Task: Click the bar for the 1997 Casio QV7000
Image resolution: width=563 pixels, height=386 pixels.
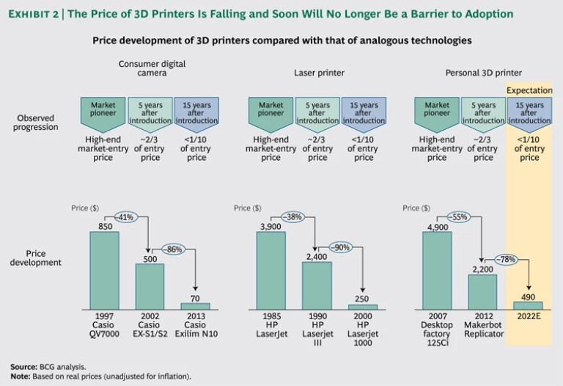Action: click(104, 270)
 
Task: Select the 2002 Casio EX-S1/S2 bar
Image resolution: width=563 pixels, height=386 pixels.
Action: click(150, 286)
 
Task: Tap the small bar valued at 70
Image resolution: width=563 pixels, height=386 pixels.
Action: click(195, 305)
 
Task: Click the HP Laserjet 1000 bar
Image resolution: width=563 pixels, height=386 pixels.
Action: click(362, 306)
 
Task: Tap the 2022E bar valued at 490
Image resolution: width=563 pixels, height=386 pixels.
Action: click(528, 305)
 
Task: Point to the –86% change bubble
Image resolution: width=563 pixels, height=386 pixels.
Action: click(172, 248)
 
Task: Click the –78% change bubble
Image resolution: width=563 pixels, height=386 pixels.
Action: click(505, 258)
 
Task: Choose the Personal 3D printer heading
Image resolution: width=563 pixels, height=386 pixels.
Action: click(483, 73)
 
